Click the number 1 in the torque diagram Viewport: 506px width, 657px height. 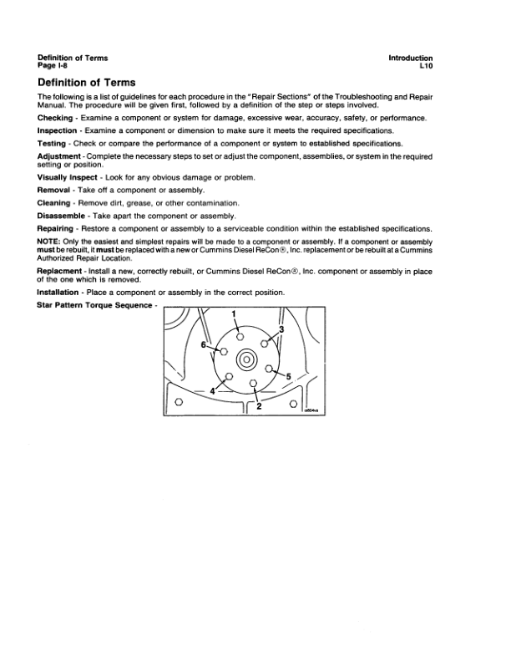235,314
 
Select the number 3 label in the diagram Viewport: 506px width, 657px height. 281,330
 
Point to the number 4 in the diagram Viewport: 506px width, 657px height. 213,391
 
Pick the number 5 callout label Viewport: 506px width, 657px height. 288,376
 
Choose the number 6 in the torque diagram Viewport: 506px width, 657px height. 202,344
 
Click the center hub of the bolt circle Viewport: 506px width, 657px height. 246,359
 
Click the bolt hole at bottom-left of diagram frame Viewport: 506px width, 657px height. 178,405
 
